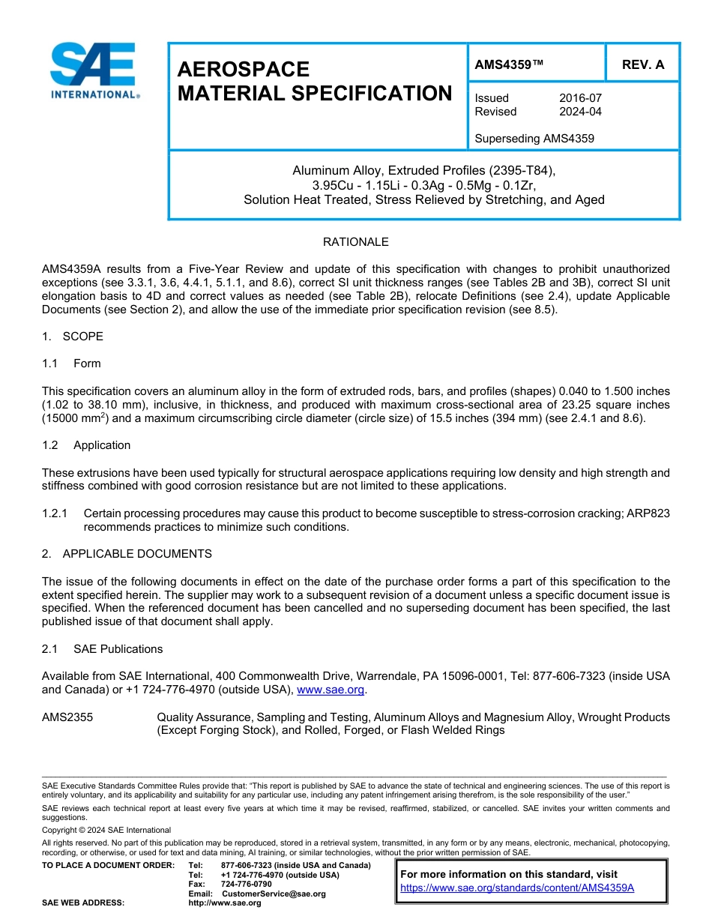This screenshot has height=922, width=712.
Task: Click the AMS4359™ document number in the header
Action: pos(509,64)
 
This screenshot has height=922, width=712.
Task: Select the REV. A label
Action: pos(642,64)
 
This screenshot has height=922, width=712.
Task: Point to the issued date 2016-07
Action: pos(580,98)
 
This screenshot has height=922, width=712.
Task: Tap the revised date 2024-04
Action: pos(580,112)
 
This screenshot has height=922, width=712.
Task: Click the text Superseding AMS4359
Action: pos(534,139)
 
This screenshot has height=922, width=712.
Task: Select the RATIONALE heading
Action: pos(355,242)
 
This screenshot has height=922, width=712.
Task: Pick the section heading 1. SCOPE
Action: pos(73,337)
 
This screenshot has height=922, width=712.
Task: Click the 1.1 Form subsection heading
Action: pos(72,364)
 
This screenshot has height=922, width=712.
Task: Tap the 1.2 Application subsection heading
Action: pos(86,445)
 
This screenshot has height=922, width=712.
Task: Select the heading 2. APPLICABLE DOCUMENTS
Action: pos(127,554)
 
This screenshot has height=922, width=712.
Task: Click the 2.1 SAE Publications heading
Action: pos(102,649)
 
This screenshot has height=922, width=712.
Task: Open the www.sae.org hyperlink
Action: pos(331,690)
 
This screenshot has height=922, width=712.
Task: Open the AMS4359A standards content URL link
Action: pos(517,888)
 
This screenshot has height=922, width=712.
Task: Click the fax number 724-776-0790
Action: pos(246,885)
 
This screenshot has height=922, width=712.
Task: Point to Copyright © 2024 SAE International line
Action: pos(106,830)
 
